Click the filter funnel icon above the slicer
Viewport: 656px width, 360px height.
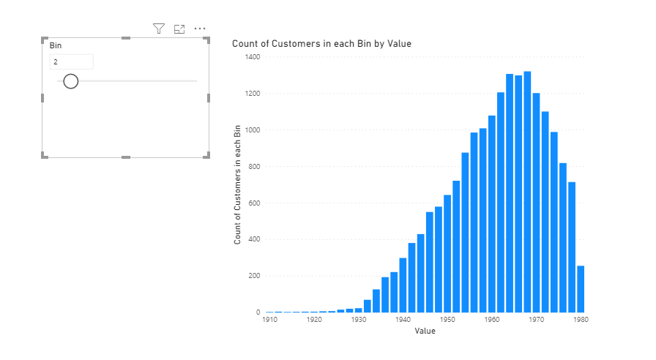pos(159,29)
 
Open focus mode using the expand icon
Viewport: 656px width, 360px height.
pos(179,29)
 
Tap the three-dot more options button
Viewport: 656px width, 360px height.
pos(200,29)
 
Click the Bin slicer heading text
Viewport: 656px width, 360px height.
pos(56,45)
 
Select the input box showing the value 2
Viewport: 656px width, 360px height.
pos(72,62)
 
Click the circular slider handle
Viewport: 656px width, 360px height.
pos(71,81)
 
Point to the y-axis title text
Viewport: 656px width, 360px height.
pos(237,184)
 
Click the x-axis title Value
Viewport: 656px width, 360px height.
pos(425,331)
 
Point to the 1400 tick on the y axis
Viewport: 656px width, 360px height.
pos(253,57)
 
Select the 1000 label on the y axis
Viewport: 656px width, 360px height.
pos(253,130)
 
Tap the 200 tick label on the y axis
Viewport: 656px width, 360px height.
pos(254,276)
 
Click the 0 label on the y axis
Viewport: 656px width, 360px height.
pos(258,312)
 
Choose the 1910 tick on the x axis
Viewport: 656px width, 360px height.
pos(270,320)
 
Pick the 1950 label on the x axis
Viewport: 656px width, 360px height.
pos(447,320)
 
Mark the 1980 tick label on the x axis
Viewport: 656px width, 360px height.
pos(581,320)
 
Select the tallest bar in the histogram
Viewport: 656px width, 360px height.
pos(527,192)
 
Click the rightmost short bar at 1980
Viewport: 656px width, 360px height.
pos(581,289)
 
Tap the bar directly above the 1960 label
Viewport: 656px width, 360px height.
pos(491,214)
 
